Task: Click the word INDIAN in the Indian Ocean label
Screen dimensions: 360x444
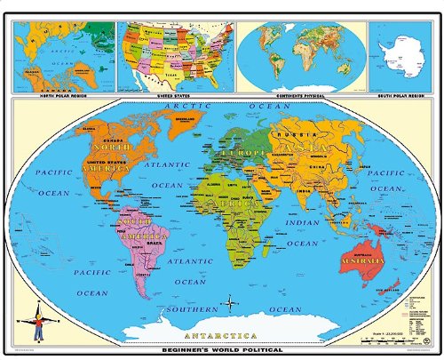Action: click(305, 223)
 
